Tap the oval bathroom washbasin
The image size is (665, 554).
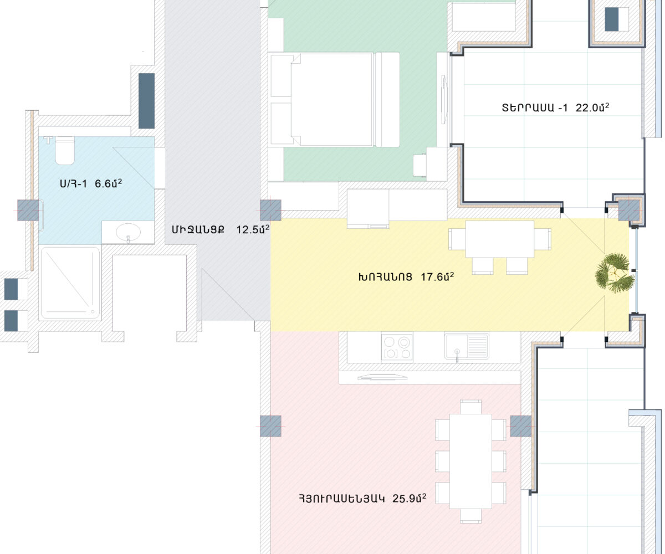click(x=128, y=233)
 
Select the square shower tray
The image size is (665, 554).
click(x=70, y=283)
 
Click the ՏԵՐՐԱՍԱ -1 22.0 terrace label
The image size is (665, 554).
click(x=555, y=107)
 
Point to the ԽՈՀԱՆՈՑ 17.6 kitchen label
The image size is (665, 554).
click(x=406, y=276)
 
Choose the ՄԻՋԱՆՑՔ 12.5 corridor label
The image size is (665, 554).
click(x=221, y=229)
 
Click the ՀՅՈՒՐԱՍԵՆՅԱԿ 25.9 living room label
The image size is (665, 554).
click(x=362, y=498)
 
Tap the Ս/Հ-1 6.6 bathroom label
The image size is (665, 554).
click(x=91, y=183)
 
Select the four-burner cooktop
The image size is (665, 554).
click(x=397, y=348)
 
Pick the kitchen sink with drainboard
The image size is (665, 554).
click(x=467, y=346)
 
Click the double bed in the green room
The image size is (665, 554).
click(x=334, y=99)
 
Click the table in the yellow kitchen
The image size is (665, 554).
click(x=500, y=239)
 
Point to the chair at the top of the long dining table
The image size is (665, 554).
click(x=470, y=407)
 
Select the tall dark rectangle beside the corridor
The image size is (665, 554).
click(x=146, y=101)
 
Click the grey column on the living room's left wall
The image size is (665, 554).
click(x=271, y=426)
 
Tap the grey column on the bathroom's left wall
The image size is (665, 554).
click(x=28, y=211)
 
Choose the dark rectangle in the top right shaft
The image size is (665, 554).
click(x=612, y=19)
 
